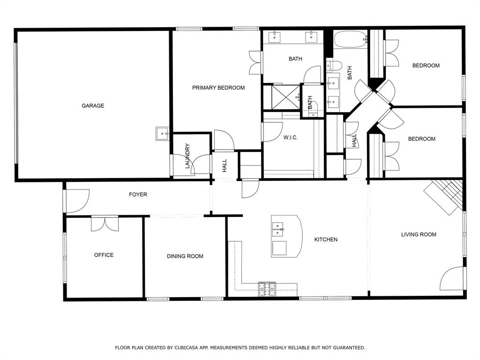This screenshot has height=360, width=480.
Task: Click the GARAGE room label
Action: point(93,105)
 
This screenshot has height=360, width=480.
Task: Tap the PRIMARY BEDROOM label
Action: point(218,88)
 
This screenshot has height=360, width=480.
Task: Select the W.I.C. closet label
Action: point(290,137)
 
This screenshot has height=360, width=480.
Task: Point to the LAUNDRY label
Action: point(187,156)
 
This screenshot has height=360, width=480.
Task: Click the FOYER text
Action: point(138,195)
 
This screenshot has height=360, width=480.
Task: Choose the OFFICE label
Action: point(104,255)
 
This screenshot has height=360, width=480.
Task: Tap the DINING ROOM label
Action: point(185,256)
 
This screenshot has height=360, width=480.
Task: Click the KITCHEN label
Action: point(326,240)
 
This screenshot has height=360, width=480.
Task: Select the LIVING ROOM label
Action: point(419,234)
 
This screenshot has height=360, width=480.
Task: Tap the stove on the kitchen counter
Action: point(267,289)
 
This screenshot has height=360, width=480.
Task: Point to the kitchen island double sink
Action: point(277,230)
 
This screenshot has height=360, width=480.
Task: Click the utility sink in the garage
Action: point(162,134)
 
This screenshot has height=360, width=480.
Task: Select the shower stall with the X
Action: point(285,97)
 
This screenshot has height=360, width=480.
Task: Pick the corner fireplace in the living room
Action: point(443,197)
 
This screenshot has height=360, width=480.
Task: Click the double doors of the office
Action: point(105,224)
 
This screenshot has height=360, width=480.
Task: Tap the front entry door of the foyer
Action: point(77,201)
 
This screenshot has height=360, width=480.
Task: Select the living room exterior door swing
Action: point(451,278)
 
